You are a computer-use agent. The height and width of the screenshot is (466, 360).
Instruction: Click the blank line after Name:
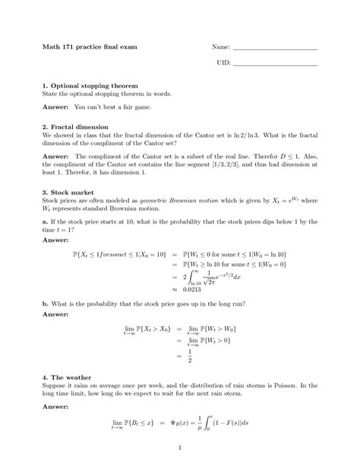point(274,49)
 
